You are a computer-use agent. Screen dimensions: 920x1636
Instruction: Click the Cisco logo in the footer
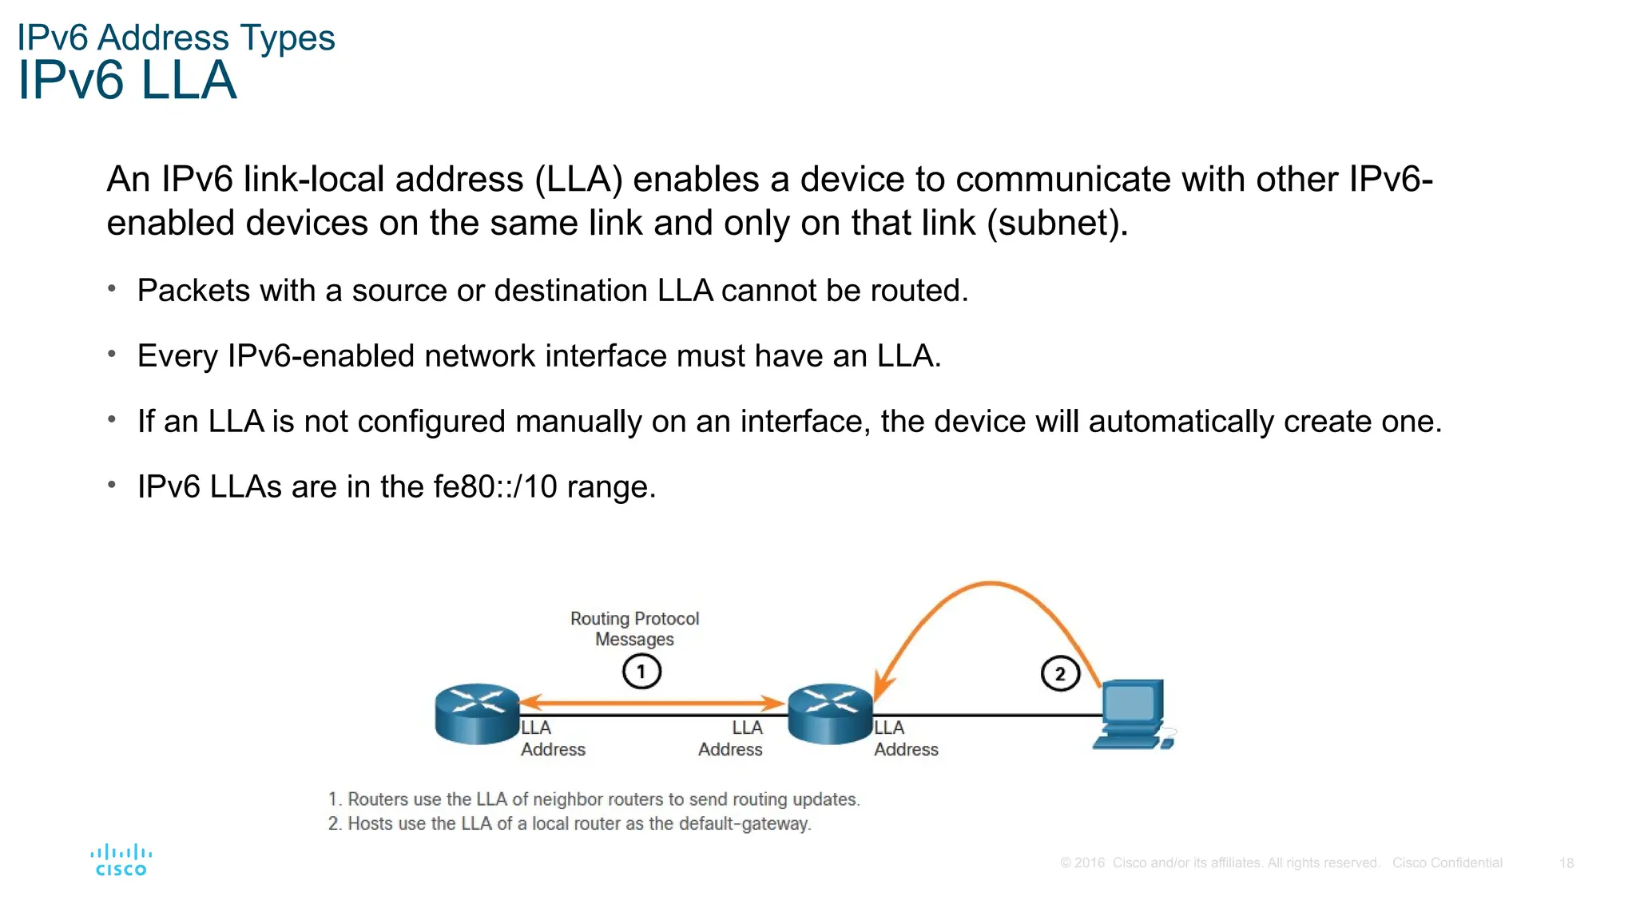pyautogui.click(x=121, y=860)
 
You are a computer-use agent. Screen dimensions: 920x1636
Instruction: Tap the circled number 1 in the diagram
pyautogui.click(x=641, y=672)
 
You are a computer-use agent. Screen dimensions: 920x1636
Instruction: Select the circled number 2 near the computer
pyautogui.click(x=1060, y=673)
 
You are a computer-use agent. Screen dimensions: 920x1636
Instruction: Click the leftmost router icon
pyautogui.click(x=477, y=713)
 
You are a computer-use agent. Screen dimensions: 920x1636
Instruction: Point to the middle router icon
pyautogui.click(x=830, y=713)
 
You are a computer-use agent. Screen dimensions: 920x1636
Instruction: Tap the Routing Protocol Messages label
pyautogui.click(x=634, y=629)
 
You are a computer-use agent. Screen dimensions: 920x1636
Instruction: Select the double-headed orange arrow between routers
pyautogui.click(x=651, y=703)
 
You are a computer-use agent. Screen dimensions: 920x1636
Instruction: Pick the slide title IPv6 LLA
pyautogui.click(x=128, y=81)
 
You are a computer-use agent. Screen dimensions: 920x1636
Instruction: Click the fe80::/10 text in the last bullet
pyautogui.click(x=495, y=486)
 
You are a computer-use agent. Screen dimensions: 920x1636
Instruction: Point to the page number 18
pyautogui.click(x=1567, y=862)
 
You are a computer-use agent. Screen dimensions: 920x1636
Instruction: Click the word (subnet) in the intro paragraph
pyautogui.click(x=1057, y=223)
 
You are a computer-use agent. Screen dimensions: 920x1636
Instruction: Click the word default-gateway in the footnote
pyautogui.click(x=745, y=823)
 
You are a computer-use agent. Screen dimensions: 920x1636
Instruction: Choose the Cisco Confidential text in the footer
pyautogui.click(x=1447, y=862)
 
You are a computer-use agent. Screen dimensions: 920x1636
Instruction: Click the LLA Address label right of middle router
pyautogui.click(x=905, y=738)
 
